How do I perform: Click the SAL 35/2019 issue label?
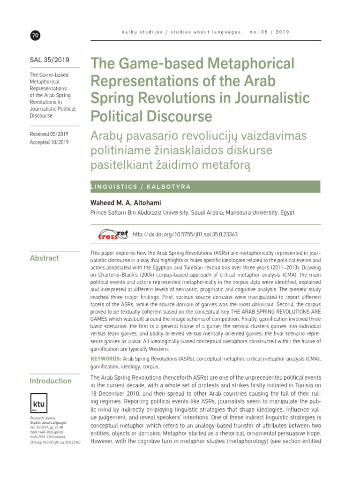49,60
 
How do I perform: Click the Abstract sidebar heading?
44,258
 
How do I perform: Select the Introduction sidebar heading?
51,381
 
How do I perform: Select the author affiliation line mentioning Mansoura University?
192,212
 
